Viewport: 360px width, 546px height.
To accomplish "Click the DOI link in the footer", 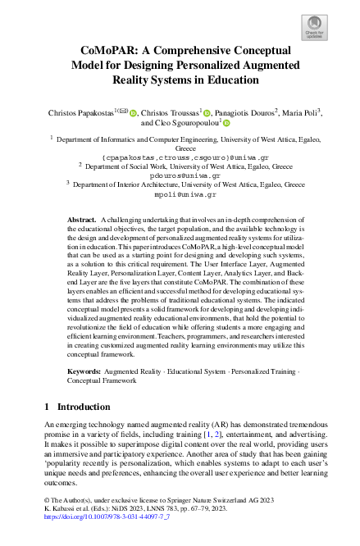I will pos(105,539).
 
